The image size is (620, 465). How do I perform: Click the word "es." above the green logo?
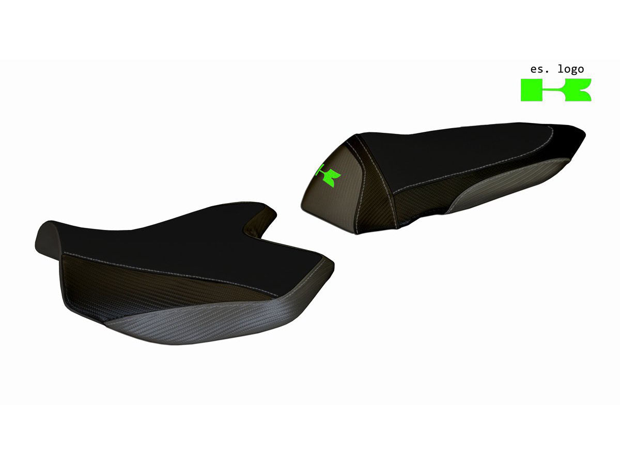pos(539,69)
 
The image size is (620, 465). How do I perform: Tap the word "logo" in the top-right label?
pos(570,69)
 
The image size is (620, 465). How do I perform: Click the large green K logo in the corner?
pos(556,90)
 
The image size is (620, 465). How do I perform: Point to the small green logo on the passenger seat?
pos(328,176)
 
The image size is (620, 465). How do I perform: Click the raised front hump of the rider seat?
pos(48,240)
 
